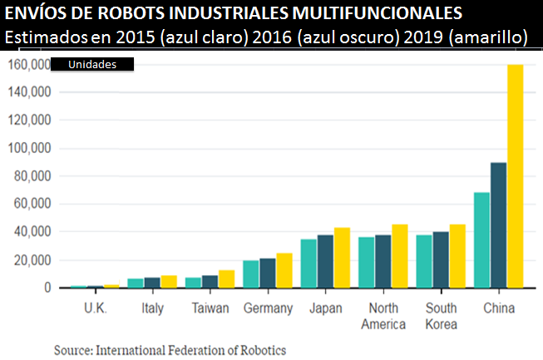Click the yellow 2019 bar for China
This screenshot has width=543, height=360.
pos(515,176)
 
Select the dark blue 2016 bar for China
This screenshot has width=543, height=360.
pos(498,225)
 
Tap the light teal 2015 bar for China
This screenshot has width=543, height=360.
pos(481,240)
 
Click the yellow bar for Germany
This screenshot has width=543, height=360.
pos(284,270)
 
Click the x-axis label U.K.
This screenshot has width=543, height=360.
pos(95,308)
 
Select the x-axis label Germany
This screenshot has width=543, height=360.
pos(268,308)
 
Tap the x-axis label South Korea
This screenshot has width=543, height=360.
pos(441,315)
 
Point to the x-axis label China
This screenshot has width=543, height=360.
pos(498,308)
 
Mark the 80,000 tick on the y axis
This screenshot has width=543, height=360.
pos(32,176)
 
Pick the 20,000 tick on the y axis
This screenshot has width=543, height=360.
pos(32,260)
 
